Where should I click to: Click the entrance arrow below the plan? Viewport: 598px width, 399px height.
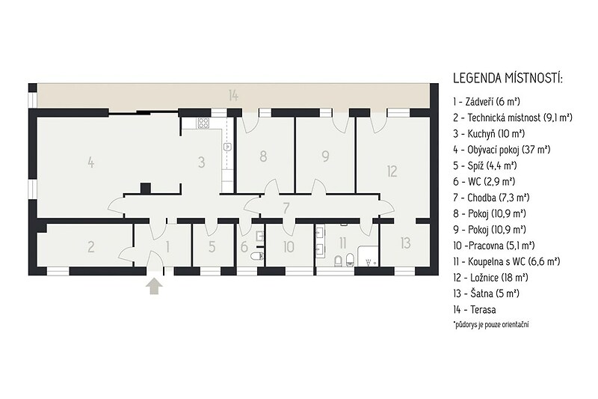(x=154, y=287)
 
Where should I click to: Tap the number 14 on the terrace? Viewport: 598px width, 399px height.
(x=233, y=95)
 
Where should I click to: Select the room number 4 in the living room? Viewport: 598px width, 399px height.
(x=90, y=162)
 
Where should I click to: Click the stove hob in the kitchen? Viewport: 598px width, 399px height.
(x=203, y=123)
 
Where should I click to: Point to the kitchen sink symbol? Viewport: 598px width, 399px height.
(x=227, y=146)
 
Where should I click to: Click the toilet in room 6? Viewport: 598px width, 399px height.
(x=257, y=256)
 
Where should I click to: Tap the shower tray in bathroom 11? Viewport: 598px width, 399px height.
(x=368, y=256)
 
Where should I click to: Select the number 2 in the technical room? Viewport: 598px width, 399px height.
(x=90, y=246)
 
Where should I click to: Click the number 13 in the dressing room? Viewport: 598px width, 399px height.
(x=405, y=243)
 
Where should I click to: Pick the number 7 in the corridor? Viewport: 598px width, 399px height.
(x=286, y=208)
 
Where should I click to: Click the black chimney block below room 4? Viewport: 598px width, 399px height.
(x=145, y=189)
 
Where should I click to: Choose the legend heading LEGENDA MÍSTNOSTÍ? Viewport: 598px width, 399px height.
(x=508, y=79)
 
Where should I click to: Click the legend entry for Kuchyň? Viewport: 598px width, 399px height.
(x=489, y=134)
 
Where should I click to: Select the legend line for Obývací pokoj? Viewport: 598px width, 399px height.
(x=502, y=150)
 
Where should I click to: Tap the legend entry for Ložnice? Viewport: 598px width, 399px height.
(x=491, y=278)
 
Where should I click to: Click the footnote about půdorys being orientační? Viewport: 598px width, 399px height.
(x=491, y=325)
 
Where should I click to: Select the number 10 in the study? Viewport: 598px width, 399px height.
(x=289, y=246)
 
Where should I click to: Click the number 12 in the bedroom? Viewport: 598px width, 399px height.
(x=392, y=171)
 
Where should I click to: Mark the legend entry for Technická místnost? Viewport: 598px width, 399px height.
(x=513, y=118)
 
